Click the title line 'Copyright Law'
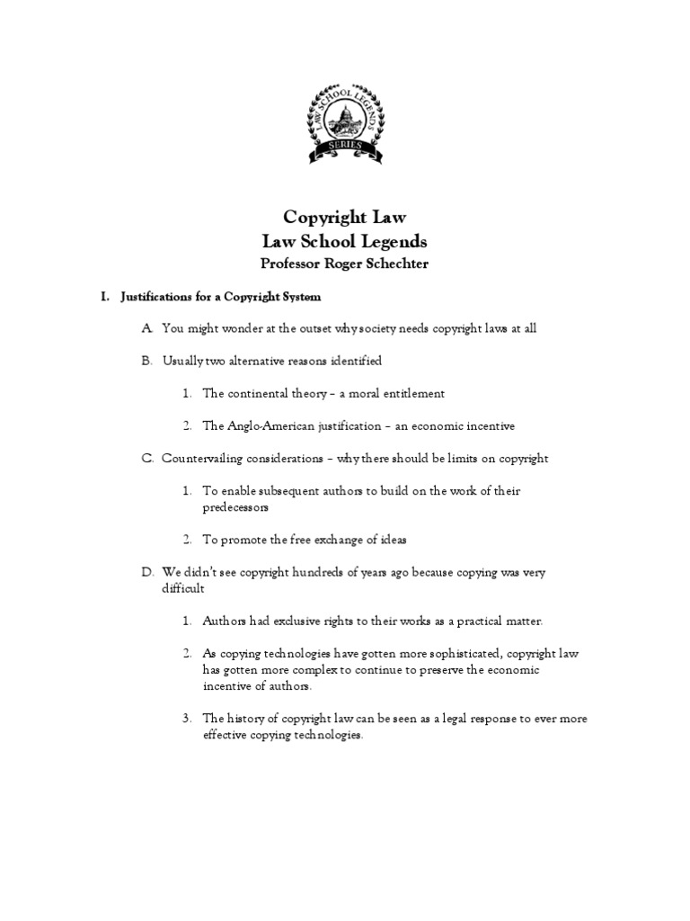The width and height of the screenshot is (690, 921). [344, 217]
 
